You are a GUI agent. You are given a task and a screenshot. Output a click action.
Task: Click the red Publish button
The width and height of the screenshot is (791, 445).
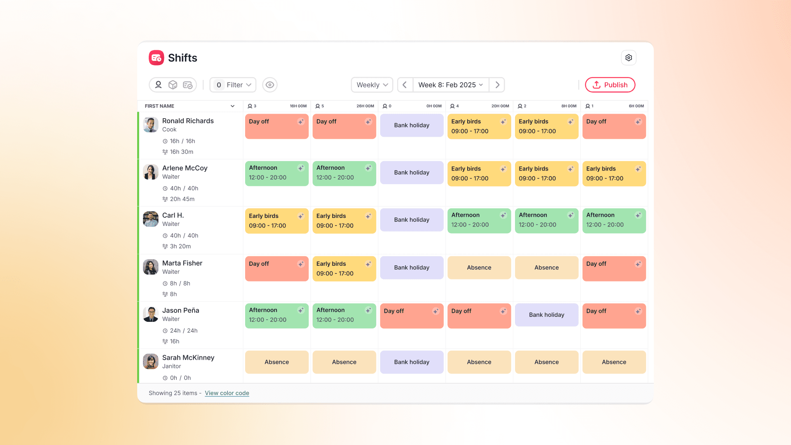(610, 85)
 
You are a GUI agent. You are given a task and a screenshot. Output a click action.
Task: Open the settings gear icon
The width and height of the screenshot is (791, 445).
(628, 58)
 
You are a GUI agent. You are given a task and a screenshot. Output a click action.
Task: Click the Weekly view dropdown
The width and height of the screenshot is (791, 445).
(372, 85)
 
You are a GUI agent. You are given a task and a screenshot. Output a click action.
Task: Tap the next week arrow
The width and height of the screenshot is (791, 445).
(497, 85)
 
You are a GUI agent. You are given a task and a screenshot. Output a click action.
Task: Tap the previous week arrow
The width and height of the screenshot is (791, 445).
(405, 85)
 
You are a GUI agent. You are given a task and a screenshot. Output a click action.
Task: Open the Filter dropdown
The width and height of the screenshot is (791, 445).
(233, 85)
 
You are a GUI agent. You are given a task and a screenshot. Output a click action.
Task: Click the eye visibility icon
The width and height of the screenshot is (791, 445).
(270, 85)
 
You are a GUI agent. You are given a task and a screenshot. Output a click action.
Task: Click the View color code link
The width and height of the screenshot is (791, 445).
(227, 393)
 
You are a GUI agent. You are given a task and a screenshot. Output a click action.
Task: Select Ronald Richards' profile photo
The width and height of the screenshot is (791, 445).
(151, 124)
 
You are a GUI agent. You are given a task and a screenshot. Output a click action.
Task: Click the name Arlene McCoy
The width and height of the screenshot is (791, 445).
(185, 168)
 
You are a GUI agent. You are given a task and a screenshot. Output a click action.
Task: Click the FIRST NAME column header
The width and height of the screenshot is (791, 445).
(159, 106)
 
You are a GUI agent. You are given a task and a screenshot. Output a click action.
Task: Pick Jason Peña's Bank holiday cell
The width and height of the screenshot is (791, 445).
(546, 315)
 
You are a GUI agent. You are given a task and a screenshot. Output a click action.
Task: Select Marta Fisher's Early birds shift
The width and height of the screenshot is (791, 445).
(344, 269)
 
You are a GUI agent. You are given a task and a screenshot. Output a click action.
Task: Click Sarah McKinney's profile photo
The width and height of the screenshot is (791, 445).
(151, 361)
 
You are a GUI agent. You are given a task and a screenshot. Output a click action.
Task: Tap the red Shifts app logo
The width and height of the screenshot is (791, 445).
(157, 58)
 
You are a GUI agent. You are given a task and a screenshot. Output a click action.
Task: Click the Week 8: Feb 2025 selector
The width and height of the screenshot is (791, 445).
(451, 85)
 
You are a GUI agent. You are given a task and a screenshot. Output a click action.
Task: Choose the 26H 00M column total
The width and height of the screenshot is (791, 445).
(365, 106)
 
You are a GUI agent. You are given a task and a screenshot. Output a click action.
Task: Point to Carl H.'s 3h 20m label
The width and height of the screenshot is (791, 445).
(180, 246)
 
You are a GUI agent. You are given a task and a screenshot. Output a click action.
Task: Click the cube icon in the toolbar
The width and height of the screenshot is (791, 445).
(173, 85)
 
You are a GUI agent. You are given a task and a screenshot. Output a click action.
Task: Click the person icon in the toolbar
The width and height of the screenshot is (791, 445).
(158, 85)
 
